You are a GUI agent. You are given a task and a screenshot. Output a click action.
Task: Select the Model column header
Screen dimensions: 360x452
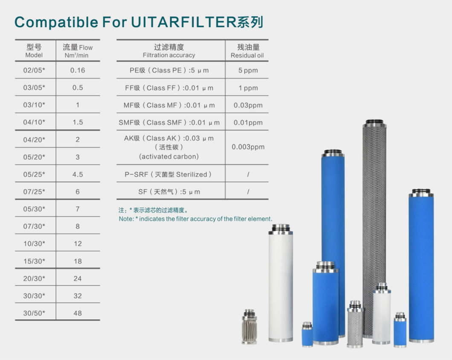[34, 51]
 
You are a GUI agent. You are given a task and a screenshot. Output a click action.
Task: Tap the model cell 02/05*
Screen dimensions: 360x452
[34, 70]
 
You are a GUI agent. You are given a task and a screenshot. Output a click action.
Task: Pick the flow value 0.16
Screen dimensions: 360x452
[78, 70]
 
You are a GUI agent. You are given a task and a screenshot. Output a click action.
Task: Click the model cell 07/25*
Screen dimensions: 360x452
[34, 192]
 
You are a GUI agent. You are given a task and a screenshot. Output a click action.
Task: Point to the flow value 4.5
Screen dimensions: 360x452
[78, 174]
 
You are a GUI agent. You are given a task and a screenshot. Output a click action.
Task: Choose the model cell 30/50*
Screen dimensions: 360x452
[34, 313]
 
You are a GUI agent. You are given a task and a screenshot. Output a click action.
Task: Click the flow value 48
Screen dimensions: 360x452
[78, 313]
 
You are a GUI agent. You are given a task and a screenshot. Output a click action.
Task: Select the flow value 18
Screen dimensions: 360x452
[78, 261]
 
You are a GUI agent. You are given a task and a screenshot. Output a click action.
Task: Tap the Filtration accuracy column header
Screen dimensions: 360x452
[169, 51]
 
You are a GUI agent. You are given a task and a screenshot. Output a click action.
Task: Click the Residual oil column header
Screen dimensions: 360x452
[248, 51]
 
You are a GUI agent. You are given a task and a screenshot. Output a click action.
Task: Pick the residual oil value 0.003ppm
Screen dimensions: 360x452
[248, 147]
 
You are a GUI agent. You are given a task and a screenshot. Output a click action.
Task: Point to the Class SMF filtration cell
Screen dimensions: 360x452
[169, 122]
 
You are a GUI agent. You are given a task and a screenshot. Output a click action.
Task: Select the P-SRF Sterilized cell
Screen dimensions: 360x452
[169, 174]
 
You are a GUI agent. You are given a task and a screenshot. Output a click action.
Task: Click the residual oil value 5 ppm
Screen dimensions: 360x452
[248, 70]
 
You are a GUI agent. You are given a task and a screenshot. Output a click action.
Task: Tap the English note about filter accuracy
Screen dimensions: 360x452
[195, 219]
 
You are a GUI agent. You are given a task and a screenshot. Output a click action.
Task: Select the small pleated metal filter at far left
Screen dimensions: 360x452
[250, 326]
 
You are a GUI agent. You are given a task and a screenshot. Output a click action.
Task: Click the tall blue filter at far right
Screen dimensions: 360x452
[421, 264]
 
